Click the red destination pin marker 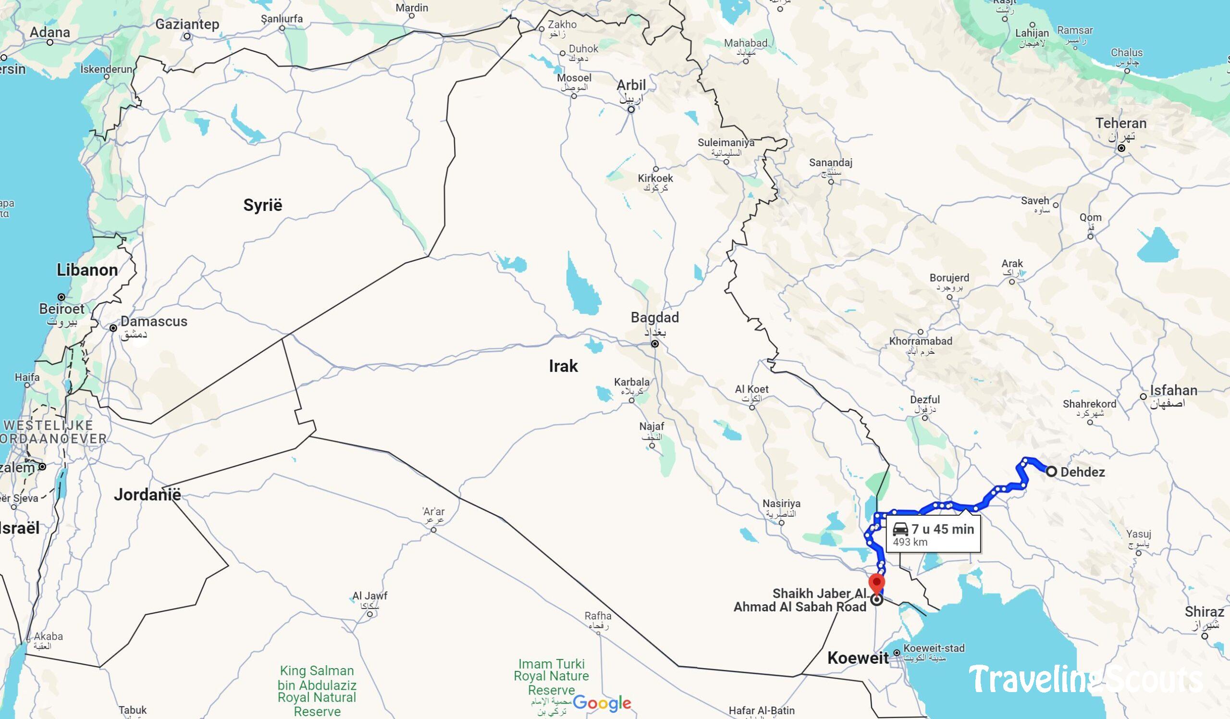(x=877, y=583)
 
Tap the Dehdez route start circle (x=1051, y=471)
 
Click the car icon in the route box (x=900, y=529)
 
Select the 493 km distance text (x=910, y=542)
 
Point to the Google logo (x=602, y=703)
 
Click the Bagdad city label (x=654, y=318)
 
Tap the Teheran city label (x=1120, y=124)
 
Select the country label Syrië (x=263, y=205)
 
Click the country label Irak (x=563, y=366)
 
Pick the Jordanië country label (x=148, y=495)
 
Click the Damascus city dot (x=113, y=328)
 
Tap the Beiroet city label (x=61, y=309)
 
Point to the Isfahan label (x=1173, y=390)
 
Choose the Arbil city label (x=631, y=86)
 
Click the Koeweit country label (x=858, y=658)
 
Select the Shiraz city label (x=1204, y=612)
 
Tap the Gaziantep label (x=187, y=24)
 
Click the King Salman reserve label (x=317, y=691)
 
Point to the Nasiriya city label (x=781, y=503)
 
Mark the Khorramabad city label (x=921, y=341)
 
